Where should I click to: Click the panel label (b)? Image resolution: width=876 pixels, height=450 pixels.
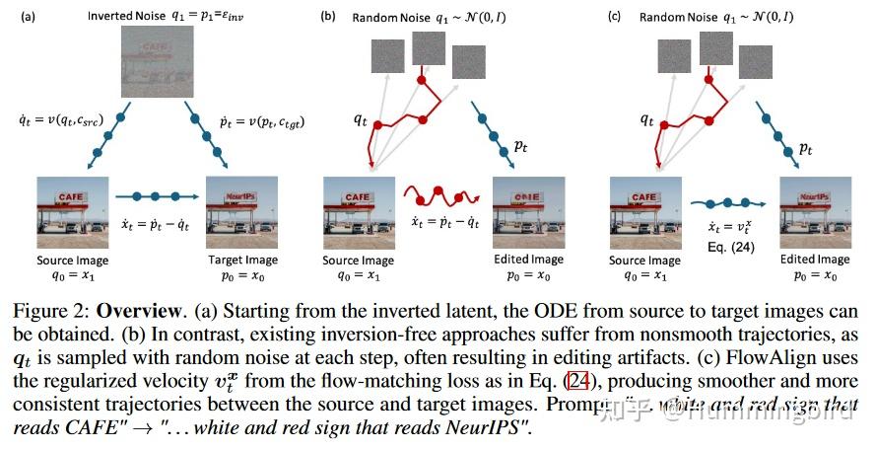point(327,16)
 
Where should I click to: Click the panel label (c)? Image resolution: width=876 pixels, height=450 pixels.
point(614,16)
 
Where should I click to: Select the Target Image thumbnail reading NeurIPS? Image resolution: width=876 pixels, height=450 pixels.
point(241,212)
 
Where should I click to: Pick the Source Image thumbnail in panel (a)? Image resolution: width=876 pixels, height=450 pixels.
point(71,212)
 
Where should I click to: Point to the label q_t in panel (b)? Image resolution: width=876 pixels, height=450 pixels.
point(364,121)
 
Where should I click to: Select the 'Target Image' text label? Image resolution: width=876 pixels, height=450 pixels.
point(241,260)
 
